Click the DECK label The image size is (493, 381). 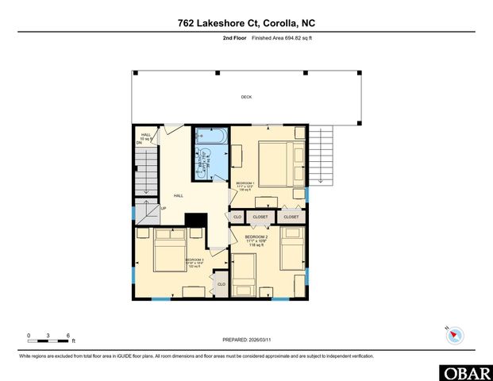[x=246, y=98]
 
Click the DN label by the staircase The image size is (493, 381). [x=138, y=144]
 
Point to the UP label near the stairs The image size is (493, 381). [x=164, y=209]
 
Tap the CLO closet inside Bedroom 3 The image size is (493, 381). [x=221, y=283]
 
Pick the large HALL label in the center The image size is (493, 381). [x=179, y=195]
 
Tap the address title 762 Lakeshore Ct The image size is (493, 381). [x=246, y=23]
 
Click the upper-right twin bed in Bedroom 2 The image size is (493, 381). [x=291, y=246]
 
